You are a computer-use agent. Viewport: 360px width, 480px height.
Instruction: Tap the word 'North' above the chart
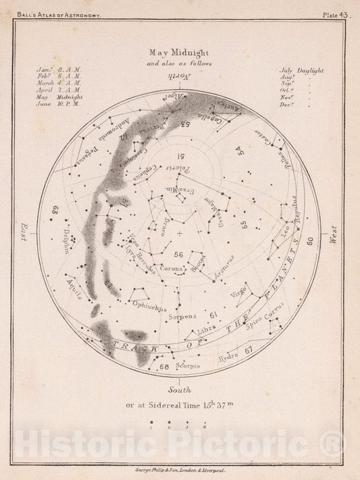[180, 78]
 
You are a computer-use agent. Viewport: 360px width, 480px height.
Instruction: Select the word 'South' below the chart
[180, 390]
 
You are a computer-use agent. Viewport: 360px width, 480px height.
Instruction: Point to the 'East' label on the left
[25, 233]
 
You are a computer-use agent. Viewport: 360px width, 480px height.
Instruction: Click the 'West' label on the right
[332, 233]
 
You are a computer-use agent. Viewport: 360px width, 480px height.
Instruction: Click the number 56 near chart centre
[178, 255]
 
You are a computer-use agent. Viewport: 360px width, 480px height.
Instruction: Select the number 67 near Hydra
[247, 349]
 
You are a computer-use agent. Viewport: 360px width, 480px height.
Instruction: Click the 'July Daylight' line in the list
[301, 70]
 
